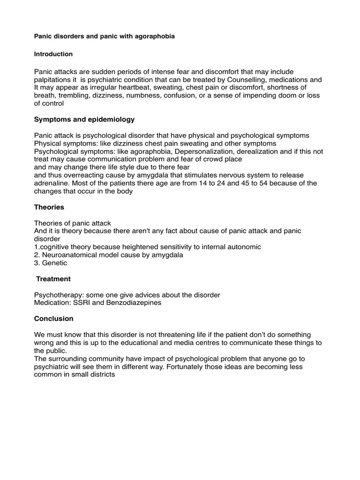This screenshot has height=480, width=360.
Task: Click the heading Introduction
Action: (53, 54)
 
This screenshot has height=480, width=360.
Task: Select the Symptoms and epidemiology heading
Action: (84, 120)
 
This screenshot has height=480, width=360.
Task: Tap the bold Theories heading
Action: (49, 207)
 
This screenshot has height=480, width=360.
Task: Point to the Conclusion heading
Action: (54, 319)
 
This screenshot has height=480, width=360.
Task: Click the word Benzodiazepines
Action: (134, 303)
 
